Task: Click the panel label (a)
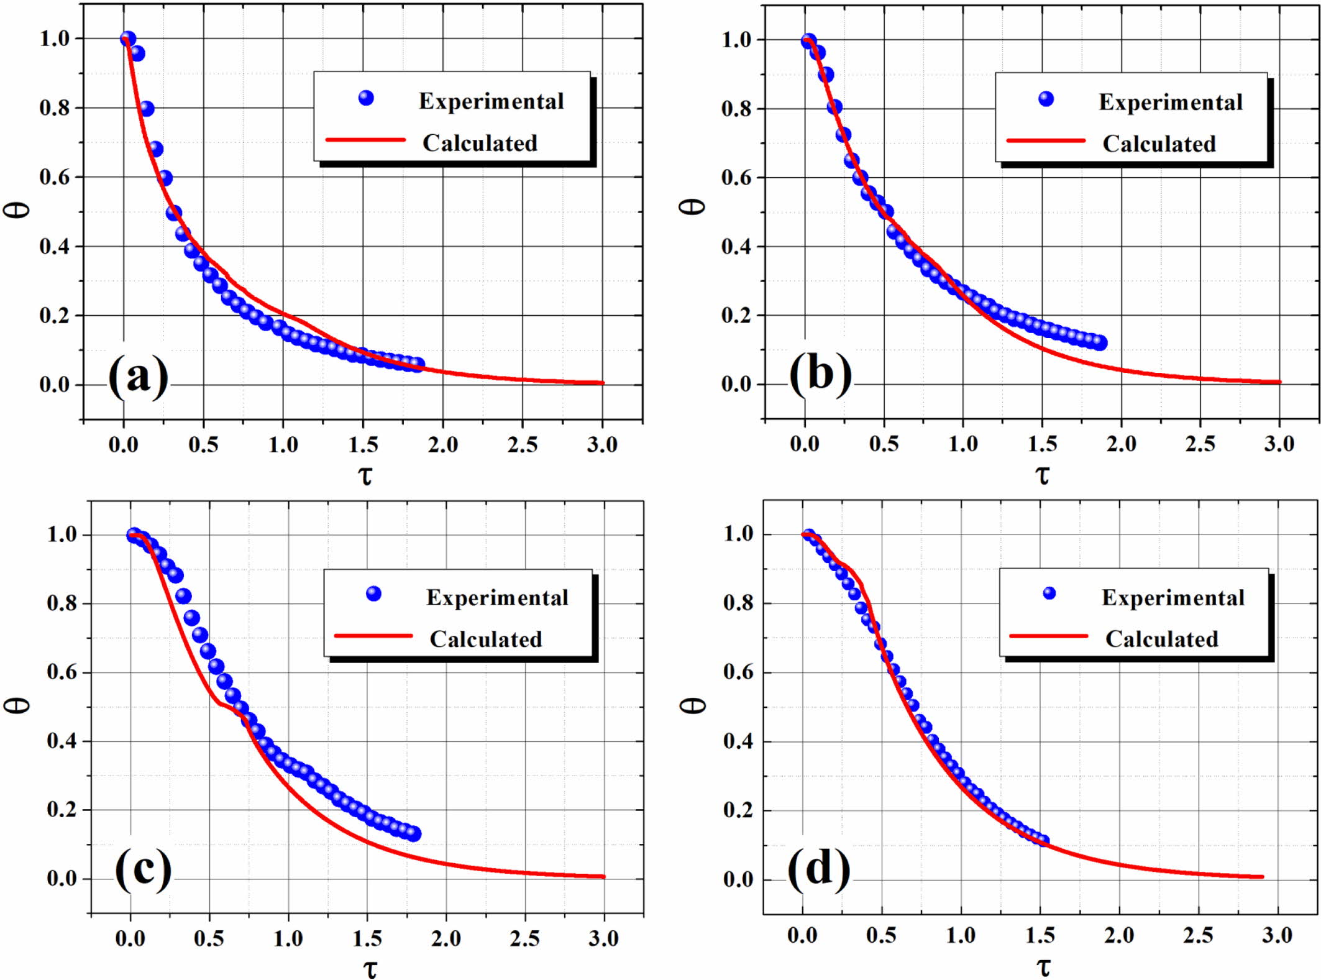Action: tap(138, 377)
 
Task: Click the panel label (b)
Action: tap(820, 375)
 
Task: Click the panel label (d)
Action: tap(819, 868)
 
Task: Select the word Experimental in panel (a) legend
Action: tap(491, 101)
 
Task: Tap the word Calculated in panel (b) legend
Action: tap(1159, 144)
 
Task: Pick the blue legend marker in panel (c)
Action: tap(373, 594)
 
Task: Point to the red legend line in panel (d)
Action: tap(1049, 636)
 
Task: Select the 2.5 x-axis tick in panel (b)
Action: tap(1200, 444)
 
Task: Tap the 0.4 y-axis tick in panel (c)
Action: tap(61, 741)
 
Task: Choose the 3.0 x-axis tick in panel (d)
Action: tap(1277, 935)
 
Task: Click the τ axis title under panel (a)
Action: tap(365, 476)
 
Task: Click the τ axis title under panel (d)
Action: tap(1043, 967)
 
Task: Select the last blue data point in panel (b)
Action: tap(1099, 342)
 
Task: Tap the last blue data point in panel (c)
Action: tap(413, 834)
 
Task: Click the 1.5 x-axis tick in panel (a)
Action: tap(363, 444)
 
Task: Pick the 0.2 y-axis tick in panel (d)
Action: tap(738, 810)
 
